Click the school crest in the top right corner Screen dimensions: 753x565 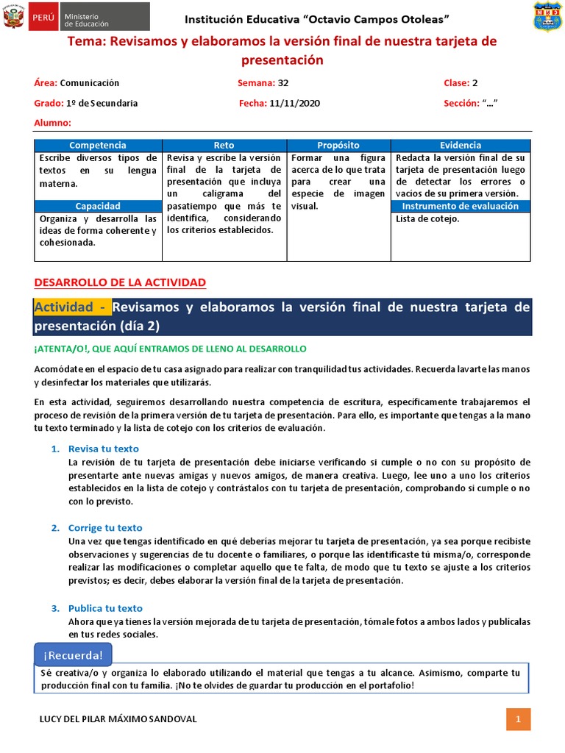(547, 18)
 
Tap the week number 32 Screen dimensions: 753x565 (283, 83)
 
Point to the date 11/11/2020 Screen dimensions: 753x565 (294, 104)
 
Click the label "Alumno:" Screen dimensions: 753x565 (52, 123)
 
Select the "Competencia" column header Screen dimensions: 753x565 (98, 146)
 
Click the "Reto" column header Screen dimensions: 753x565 (224, 146)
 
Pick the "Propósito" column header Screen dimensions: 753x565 (338, 146)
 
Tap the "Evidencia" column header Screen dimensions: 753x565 (461, 146)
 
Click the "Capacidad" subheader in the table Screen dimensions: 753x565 (98, 206)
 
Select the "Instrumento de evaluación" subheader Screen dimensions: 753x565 (461, 206)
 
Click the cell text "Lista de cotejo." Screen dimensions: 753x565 (427, 218)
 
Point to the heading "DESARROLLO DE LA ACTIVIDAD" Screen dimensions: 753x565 (120, 282)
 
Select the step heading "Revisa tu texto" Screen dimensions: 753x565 (103, 449)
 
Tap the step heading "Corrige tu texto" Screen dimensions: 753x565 (105, 528)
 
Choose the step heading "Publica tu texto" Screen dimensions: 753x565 (105, 608)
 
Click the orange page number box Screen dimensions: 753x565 (518, 718)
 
